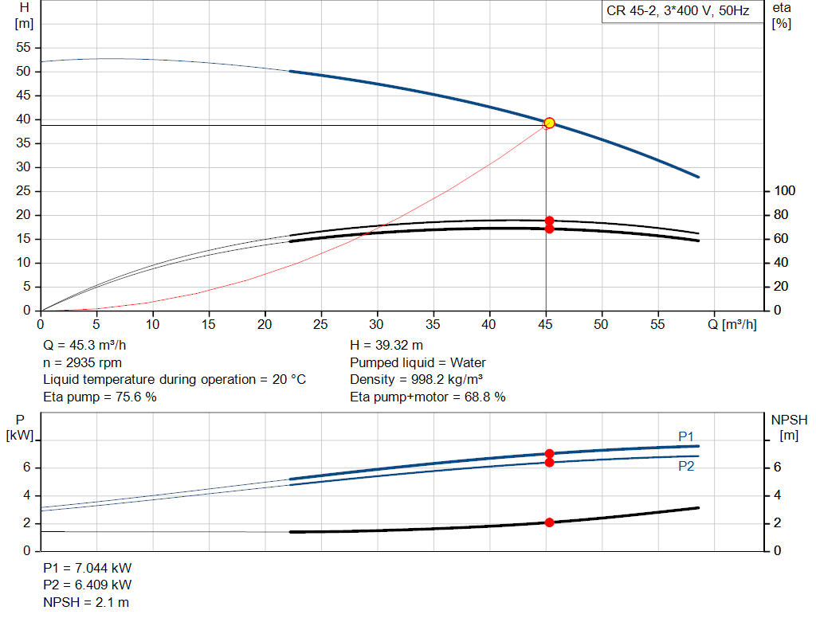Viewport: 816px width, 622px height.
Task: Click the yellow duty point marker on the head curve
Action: click(549, 123)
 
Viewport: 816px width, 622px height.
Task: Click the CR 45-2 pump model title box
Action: click(678, 11)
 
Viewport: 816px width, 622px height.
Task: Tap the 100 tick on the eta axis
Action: click(785, 191)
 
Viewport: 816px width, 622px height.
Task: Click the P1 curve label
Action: click(686, 436)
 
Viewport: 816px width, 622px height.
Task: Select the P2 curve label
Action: click(686, 467)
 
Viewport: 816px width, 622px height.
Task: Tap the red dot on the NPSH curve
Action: click(549, 522)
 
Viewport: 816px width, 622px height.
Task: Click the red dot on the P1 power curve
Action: click(549, 453)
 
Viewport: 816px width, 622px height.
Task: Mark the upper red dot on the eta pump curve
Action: click(549, 221)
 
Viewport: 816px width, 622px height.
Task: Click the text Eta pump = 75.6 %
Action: click(100, 397)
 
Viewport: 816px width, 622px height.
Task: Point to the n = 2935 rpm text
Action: click(82, 362)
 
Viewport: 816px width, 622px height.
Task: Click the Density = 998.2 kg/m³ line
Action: click(417, 379)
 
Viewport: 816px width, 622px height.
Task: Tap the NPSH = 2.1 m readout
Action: click(86, 602)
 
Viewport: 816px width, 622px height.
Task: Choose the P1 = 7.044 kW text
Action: click(87, 569)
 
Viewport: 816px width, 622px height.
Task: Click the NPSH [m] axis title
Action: click(788, 426)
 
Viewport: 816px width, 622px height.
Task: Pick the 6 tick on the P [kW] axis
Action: click(26, 467)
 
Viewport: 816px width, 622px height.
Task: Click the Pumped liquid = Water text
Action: click(418, 362)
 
